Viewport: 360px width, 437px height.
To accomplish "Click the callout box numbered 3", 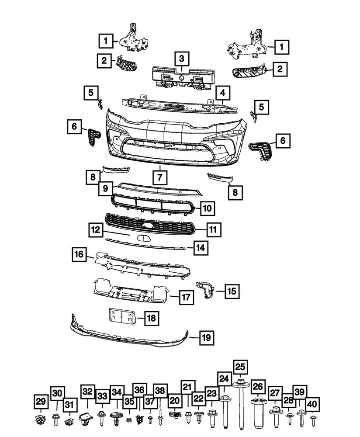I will pyautogui.click(x=181, y=59).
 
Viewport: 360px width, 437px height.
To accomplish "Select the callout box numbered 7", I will pyautogui.click(x=160, y=178).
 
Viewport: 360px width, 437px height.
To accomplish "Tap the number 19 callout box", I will pyautogui.click(x=207, y=338).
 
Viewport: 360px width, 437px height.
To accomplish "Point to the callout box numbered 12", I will pyautogui.click(x=96, y=229).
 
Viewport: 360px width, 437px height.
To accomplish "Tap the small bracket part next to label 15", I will pyautogui.click(x=205, y=289).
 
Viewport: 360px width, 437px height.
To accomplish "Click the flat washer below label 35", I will pyautogui.click(x=129, y=420).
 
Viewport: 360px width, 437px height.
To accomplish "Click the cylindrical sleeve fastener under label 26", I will pyautogui.click(x=257, y=413).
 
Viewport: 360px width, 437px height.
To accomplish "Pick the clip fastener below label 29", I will pyautogui.click(x=41, y=420).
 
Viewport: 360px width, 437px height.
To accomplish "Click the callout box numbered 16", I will pyautogui.click(x=79, y=254).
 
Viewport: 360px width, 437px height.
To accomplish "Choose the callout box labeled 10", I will pyautogui.click(x=208, y=209).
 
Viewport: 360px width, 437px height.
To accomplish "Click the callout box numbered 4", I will pyautogui.click(x=222, y=93).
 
